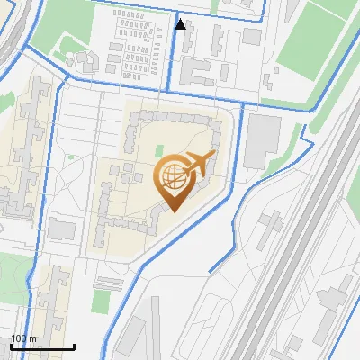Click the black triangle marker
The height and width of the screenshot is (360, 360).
pos(181,24)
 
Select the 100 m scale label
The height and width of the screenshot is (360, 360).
pos(24,338)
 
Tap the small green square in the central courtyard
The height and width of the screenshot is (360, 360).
pos(159,151)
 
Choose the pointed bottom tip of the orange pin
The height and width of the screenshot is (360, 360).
pos(173,210)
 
